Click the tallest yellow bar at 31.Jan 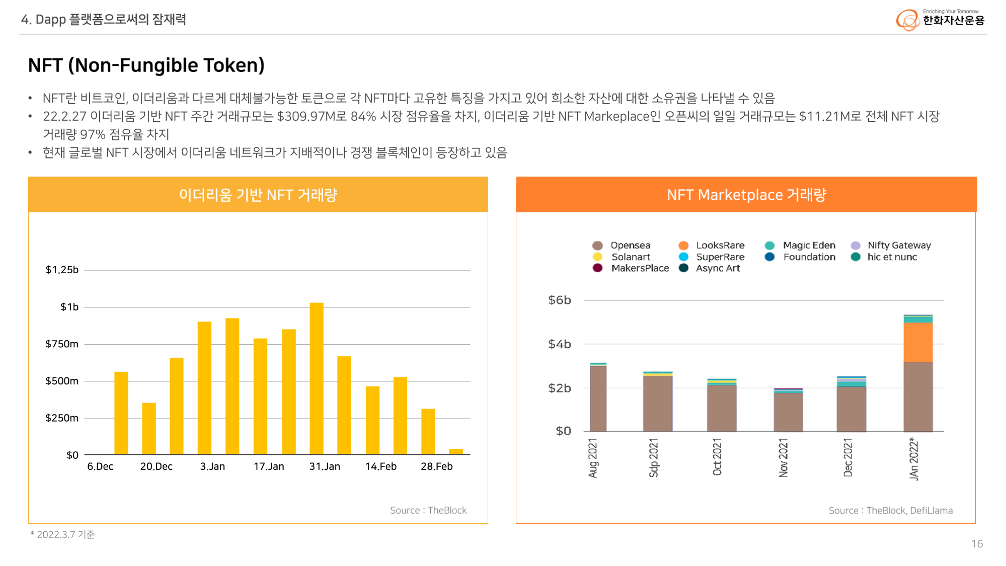tap(317, 378)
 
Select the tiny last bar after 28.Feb tap(455, 451)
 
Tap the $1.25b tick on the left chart tap(62, 270)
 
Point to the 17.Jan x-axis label tap(269, 467)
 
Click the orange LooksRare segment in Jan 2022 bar tap(918, 342)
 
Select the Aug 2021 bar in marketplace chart tap(598, 398)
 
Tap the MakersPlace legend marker tap(597, 268)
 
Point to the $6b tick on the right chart tap(560, 300)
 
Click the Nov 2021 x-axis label tap(783, 457)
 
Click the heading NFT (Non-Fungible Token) tap(146, 65)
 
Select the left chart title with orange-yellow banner tap(258, 195)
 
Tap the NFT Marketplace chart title tap(746, 195)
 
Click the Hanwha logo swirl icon tap(907, 20)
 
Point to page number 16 tap(977, 544)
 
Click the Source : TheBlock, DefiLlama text tap(890, 511)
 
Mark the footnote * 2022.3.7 tap(62, 535)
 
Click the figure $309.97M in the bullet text tap(305, 117)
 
